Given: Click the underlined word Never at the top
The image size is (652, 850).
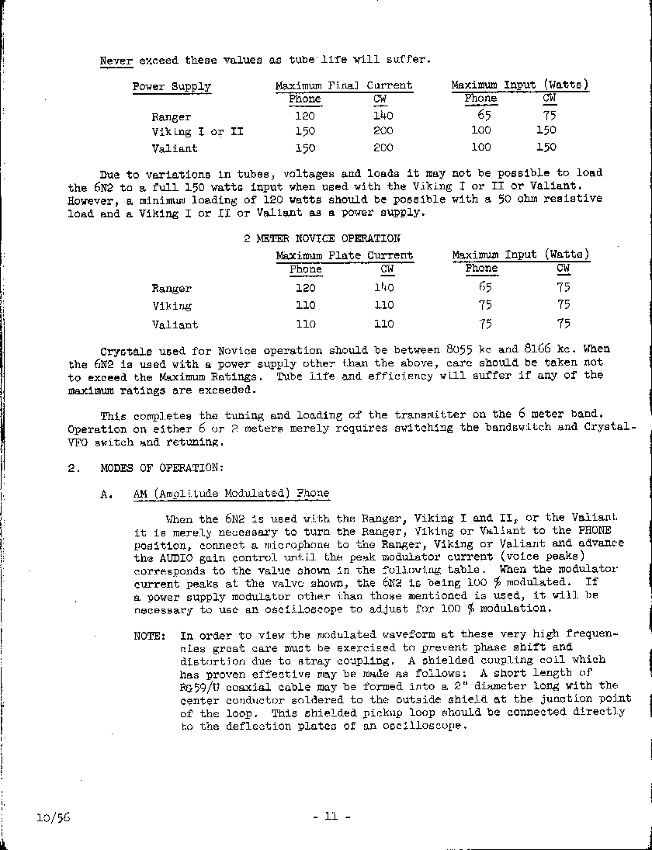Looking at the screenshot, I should pos(116,61).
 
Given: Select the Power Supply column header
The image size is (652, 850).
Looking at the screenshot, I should pos(172,86).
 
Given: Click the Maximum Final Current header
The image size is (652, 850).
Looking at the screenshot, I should pos(344,85).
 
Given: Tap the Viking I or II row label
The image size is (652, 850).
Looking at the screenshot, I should pos(197,132).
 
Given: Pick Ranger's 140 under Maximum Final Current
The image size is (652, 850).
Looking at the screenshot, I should pos(383,116).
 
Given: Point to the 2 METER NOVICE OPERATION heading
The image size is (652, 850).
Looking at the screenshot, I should pos(322,238).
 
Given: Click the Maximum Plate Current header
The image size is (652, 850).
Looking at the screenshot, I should pos(345,255).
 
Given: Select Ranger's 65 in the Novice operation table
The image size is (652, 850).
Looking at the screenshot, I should pos(484,287).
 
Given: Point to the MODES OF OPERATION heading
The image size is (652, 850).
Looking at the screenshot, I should pos(161,468).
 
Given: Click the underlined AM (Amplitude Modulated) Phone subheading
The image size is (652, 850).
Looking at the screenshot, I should pos(231,493).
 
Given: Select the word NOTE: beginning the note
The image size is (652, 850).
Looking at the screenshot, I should pos(150,635).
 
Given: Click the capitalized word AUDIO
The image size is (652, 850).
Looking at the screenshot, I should pos(157,557).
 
